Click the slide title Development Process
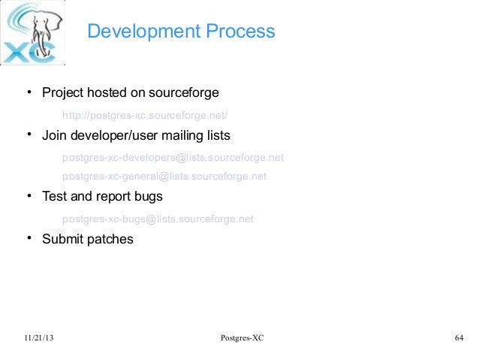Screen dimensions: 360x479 (181, 32)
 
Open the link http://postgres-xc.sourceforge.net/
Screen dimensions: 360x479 (144, 115)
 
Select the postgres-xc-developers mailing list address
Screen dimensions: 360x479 (173, 158)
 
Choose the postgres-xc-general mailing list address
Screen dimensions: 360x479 (164, 177)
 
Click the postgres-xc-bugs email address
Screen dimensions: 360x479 (158, 219)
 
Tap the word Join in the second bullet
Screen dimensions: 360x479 (54, 136)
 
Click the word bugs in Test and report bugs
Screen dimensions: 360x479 (148, 197)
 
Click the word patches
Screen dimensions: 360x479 (111, 239)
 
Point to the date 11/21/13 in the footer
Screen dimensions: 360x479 (39, 338)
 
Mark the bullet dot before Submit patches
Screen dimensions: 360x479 (30, 239)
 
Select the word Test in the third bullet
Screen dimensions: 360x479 (55, 197)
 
